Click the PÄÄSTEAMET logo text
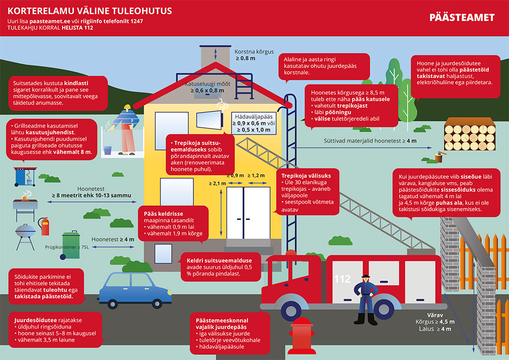coord(462,18)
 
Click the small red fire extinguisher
coord(45,226)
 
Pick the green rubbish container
coord(70,246)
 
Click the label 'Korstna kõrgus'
coord(254,52)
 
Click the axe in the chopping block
coord(438,156)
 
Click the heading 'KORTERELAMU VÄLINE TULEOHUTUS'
coord(90,10)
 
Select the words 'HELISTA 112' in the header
coord(78,28)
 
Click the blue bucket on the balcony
coord(107,150)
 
